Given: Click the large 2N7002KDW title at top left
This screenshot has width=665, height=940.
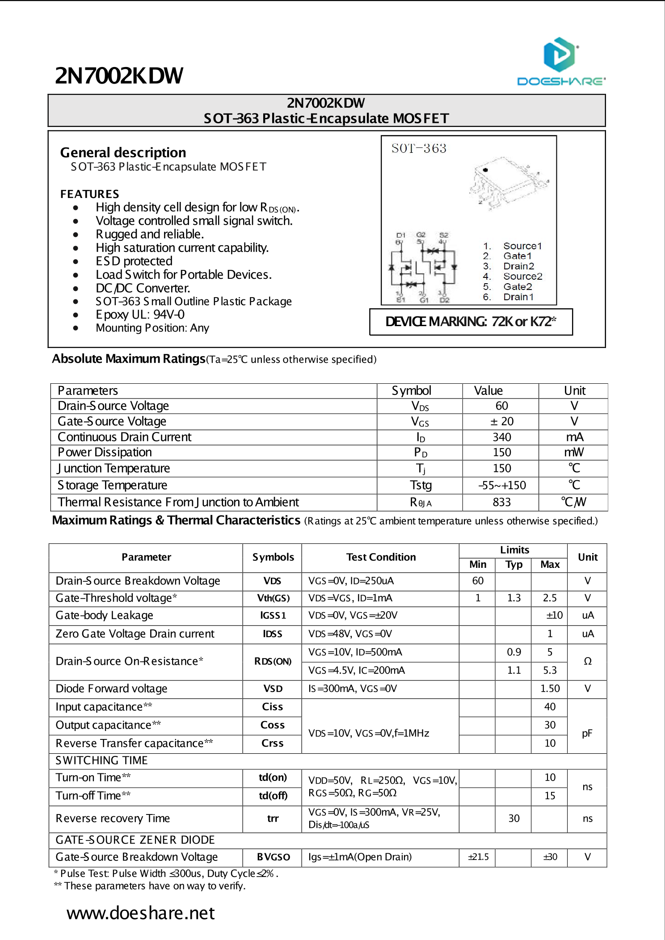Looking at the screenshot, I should [x=119, y=76].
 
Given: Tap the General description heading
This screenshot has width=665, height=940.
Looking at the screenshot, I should [x=123, y=153].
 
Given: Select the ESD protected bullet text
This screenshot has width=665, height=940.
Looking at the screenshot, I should [x=134, y=261].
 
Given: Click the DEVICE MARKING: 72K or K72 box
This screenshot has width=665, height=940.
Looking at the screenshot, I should [x=471, y=322].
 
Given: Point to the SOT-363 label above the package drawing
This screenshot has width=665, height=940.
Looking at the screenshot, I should [x=419, y=148].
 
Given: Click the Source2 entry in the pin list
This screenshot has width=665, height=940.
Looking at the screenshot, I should [x=522, y=277].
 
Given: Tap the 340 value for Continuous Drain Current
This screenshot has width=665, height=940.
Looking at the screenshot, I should [x=501, y=437].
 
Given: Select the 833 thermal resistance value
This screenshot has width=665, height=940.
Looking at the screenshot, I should [x=501, y=502].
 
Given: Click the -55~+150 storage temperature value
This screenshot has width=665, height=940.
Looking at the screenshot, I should [x=501, y=485].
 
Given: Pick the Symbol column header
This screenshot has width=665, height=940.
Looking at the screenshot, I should [x=411, y=391].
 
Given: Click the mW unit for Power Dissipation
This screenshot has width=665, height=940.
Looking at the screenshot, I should [x=573, y=452].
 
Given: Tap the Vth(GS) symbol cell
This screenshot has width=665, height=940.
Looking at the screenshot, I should [x=273, y=598].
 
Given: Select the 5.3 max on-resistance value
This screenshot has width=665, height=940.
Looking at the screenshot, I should [x=550, y=670].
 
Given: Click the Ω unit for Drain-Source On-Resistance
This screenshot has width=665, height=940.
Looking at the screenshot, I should [x=587, y=661].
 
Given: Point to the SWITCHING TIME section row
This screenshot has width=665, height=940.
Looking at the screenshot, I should [x=101, y=760].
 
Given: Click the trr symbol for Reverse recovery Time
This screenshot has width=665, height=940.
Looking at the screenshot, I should [x=273, y=818].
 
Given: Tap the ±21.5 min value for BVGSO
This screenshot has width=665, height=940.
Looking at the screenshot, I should [x=478, y=857].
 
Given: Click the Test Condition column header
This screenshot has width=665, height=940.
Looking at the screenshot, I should [x=381, y=557].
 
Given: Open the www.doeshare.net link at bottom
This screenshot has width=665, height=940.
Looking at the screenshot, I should [x=141, y=913].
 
